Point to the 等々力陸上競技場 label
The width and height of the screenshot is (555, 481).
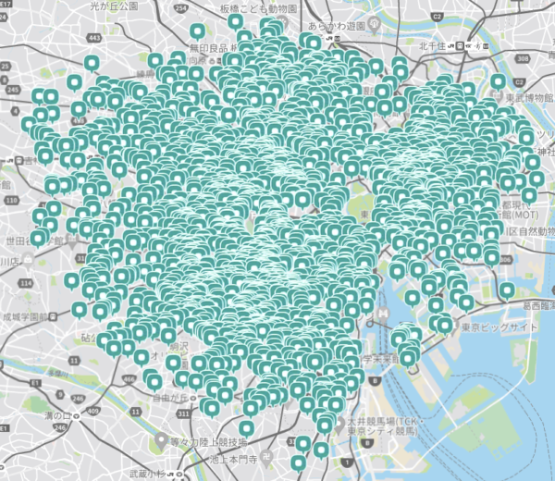(x=208, y=441)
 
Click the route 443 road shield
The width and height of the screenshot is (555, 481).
(x=95, y=36)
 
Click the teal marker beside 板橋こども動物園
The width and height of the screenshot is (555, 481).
(x=236, y=20)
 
